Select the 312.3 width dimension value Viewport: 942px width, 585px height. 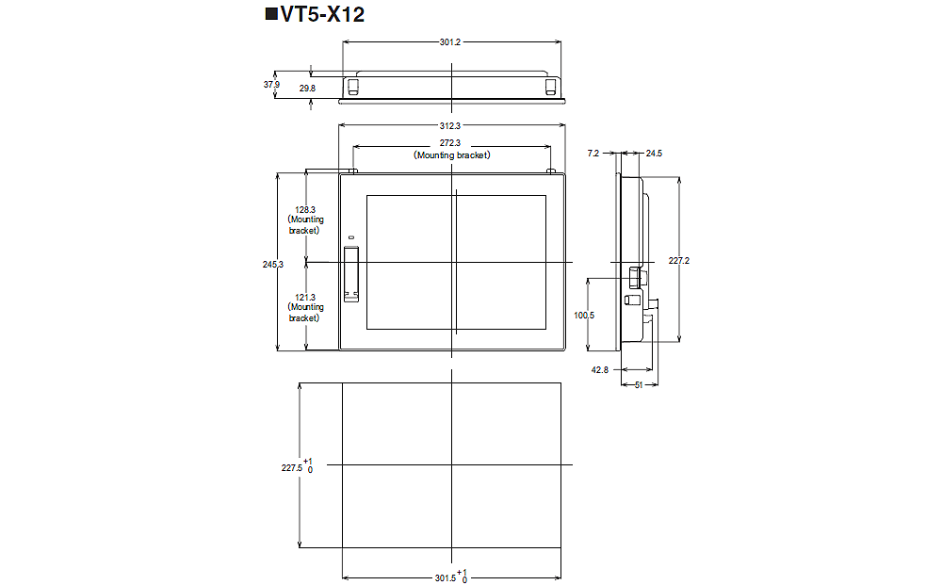coord(450,125)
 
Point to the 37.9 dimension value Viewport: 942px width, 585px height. coord(271,85)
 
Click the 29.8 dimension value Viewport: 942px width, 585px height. coord(307,88)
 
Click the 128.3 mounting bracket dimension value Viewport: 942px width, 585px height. coord(305,210)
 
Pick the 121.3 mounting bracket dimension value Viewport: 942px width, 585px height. coord(305,298)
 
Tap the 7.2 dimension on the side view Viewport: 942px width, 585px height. coord(593,152)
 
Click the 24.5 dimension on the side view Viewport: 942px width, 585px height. coord(655,152)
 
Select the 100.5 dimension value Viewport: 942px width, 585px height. coord(584,316)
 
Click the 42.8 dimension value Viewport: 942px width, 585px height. coord(600,370)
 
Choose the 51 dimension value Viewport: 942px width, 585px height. coord(639,384)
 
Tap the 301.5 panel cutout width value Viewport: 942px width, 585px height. coord(446,577)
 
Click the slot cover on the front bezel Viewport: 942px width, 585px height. coord(352,273)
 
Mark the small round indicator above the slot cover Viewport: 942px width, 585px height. coord(349,236)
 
